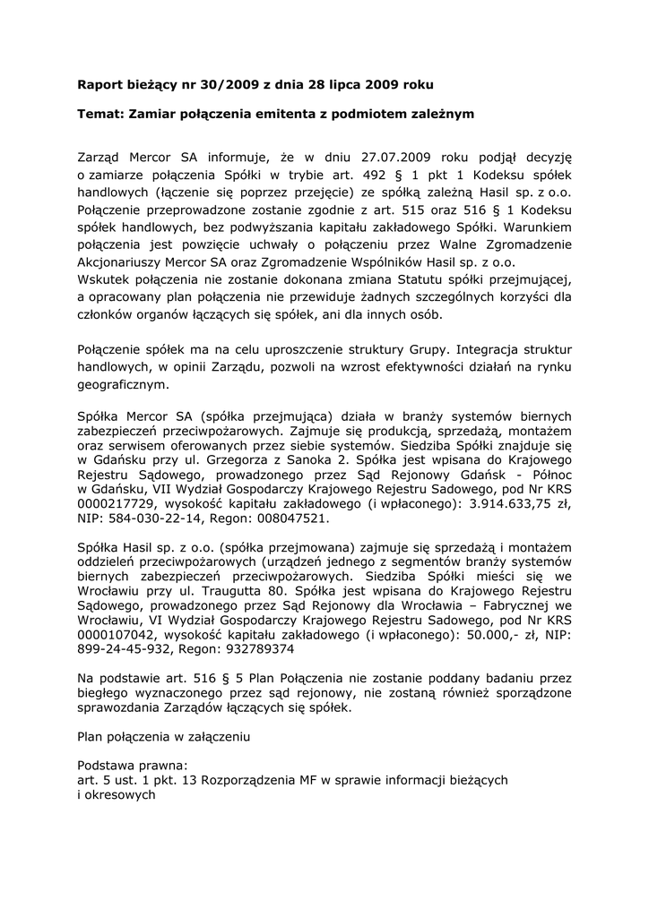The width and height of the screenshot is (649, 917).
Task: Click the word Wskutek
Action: [105, 279]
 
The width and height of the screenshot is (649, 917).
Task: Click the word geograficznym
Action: [122, 385]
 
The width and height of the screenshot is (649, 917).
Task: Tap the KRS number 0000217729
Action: [117, 504]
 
